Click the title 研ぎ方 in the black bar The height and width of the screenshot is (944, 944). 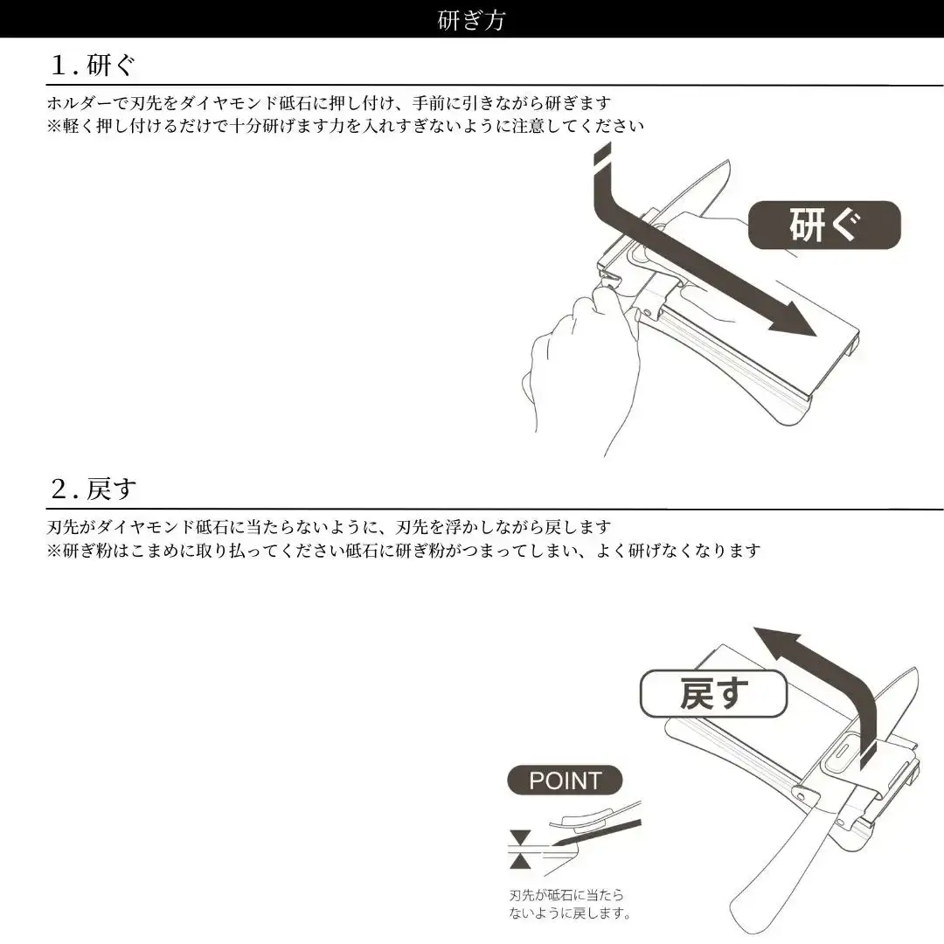pos(471,20)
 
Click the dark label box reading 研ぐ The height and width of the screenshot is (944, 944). pos(824,226)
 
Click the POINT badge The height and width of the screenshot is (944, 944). pos(565,781)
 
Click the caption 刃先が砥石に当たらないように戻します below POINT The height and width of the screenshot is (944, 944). pos(569,905)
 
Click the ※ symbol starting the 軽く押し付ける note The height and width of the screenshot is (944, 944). pos(54,126)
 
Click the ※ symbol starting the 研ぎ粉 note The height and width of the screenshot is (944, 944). pos(54,551)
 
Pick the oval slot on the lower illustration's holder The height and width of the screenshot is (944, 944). pos(843,753)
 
